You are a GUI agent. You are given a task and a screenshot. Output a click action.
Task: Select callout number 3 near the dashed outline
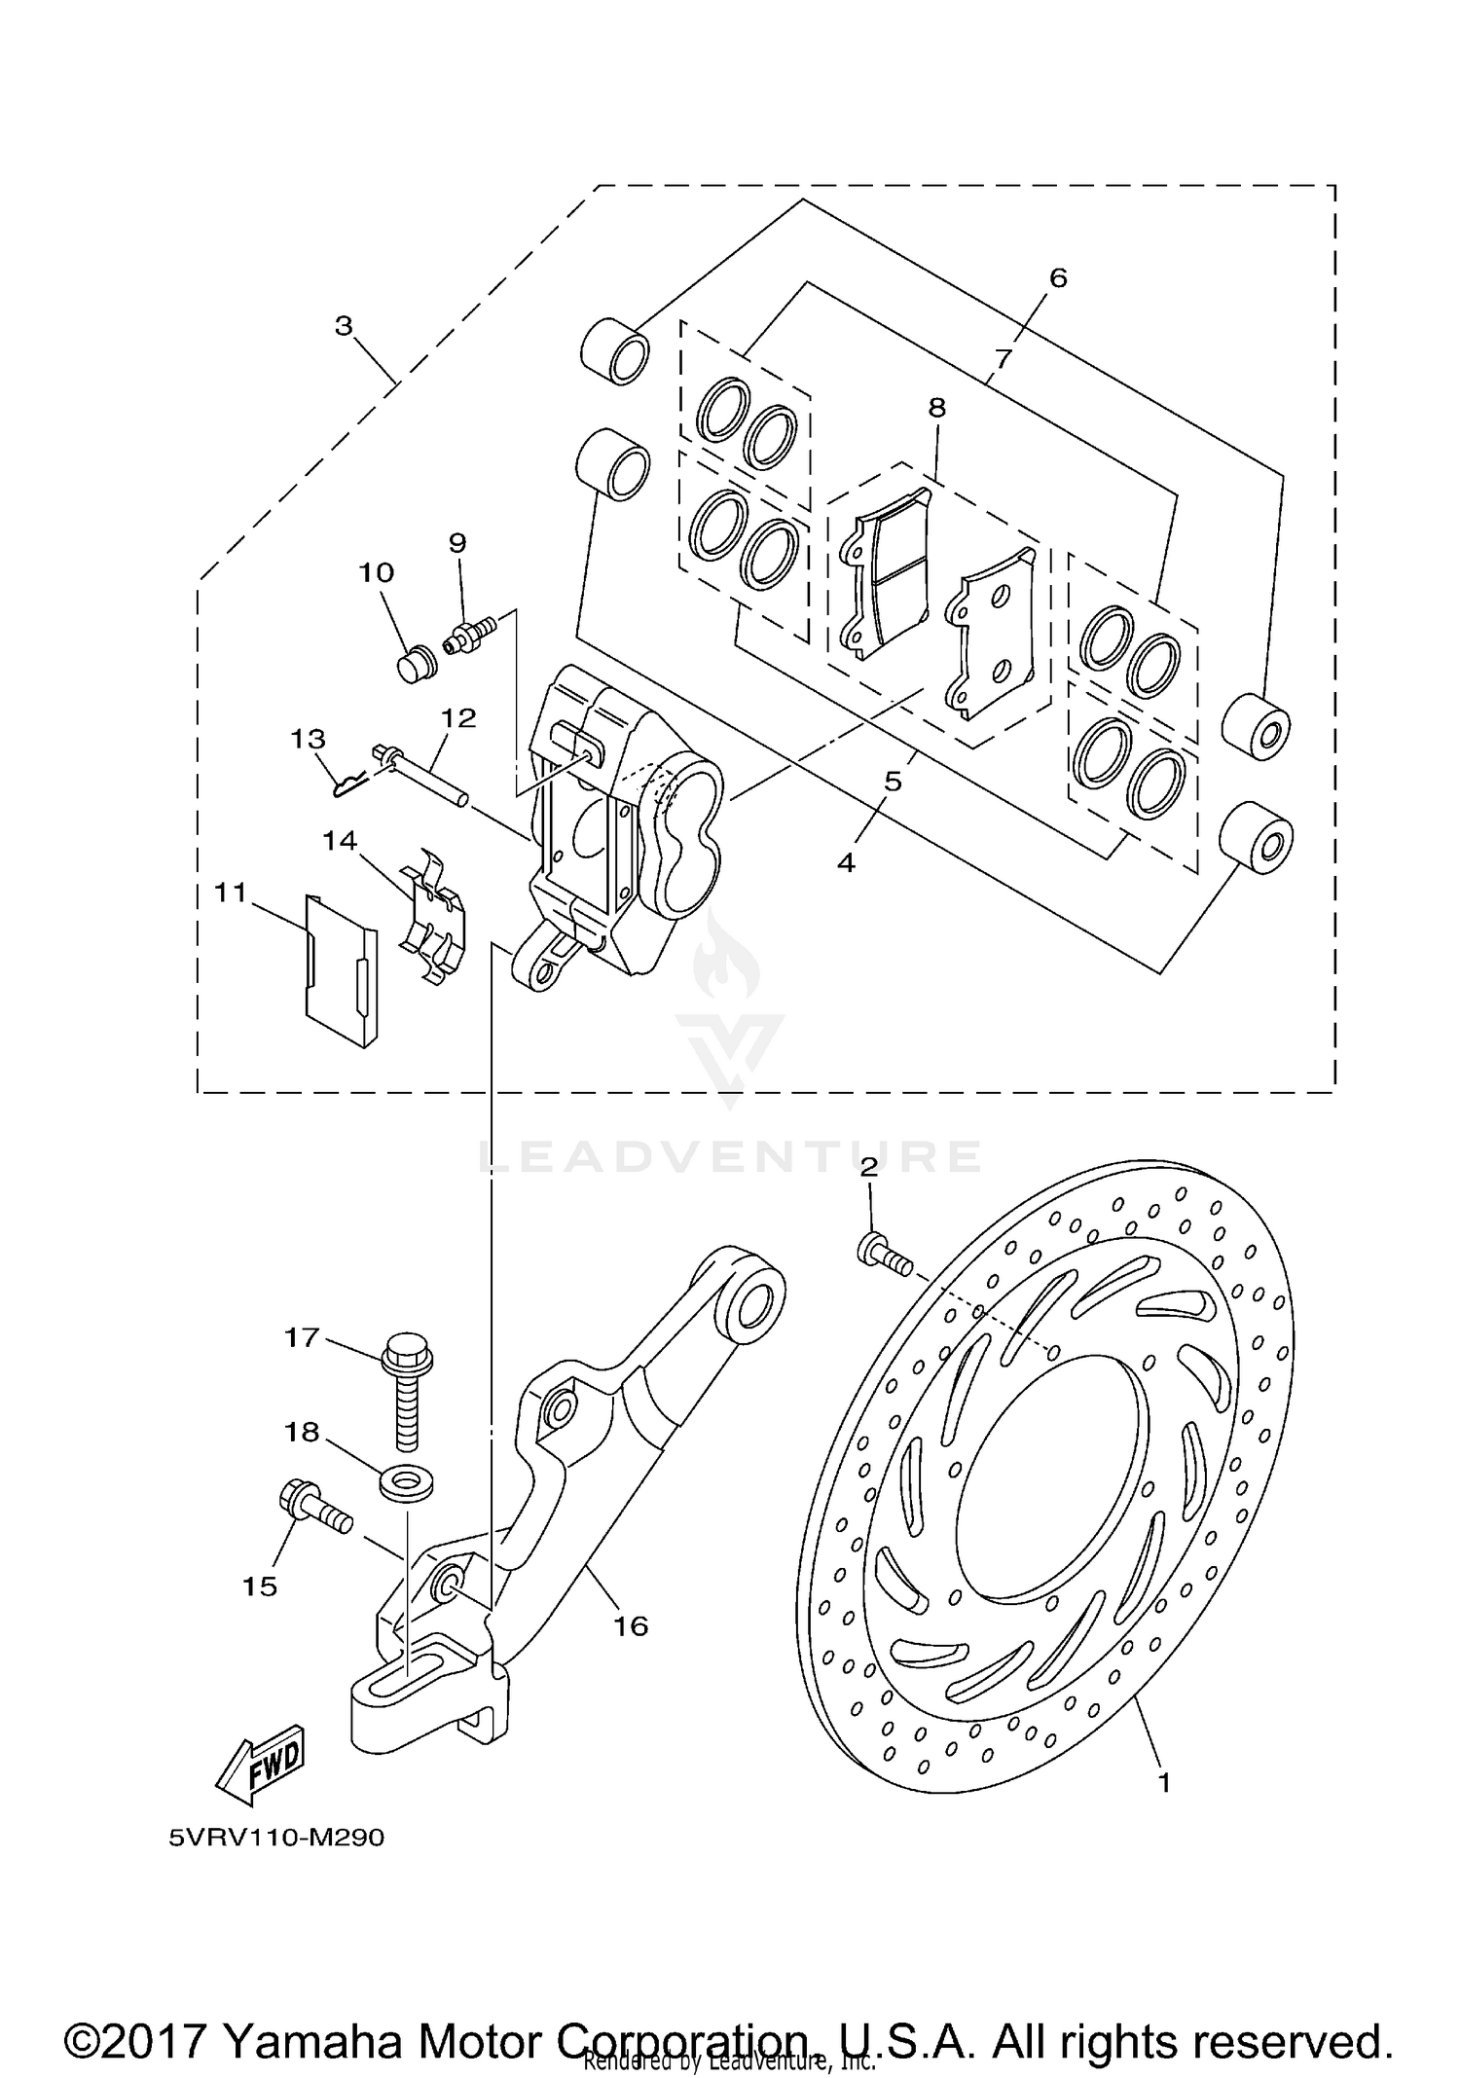tap(344, 327)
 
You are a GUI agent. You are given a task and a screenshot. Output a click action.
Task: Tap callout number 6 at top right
tap(1058, 278)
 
